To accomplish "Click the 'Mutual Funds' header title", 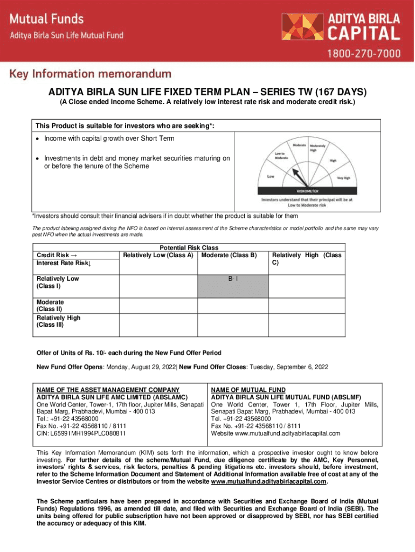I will click(47, 19).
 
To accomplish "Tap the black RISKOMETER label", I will click(307, 190).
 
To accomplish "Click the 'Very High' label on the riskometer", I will click(343, 177).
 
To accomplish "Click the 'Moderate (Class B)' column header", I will click(229, 255).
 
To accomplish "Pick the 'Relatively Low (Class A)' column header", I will click(158, 255).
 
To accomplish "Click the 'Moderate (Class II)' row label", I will click(50, 306).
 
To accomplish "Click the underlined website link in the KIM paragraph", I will click(268, 482).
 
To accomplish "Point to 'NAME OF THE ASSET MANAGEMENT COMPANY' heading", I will click(107, 390).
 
